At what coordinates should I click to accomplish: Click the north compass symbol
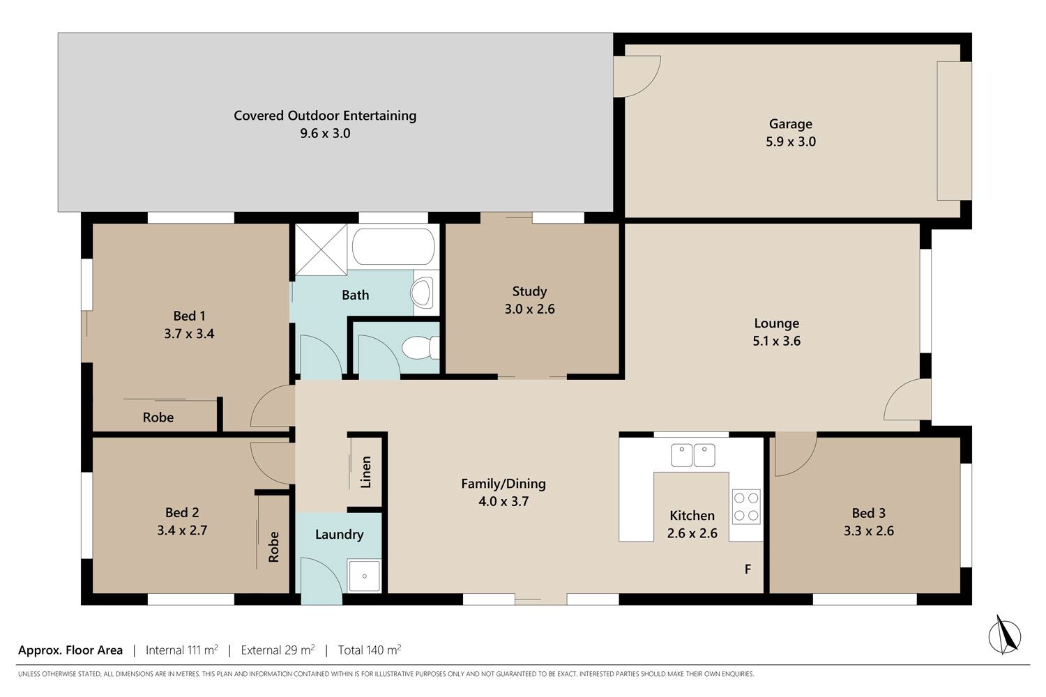pyautogui.click(x=1004, y=636)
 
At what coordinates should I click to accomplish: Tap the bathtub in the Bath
pyautogui.click(x=393, y=246)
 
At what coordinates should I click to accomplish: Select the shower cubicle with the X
pyautogui.click(x=321, y=250)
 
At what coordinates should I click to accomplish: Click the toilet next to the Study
pyautogui.click(x=420, y=348)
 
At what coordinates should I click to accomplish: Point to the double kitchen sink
pyautogui.click(x=693, y=455)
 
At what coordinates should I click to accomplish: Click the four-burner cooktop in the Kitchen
pyautogui.click(x=746, y=507)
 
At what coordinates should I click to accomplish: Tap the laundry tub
pyautogui.click(x=364, y=576)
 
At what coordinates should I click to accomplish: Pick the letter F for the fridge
pyautogui.click(x=748, y=569)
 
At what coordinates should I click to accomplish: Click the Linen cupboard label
pyautogui.click(x=366, y=472)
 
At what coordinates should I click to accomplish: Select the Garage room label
pyautogui.click(x=791, y=123)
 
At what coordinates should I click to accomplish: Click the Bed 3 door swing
pyautogui.click(x=796, y=454)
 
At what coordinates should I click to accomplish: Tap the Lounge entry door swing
pyautogui.click(x=907, y=399)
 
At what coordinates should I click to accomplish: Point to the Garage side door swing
pyautogui.click(x=637, y=77)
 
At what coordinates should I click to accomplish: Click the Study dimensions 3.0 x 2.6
pyautogui.click(x=529, y=309)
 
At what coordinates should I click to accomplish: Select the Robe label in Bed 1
pyautogui.click(x=158, y=418)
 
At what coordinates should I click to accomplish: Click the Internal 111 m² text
pyautogui.click(x=181, y=650)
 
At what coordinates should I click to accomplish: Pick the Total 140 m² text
pyautogui.click(x=370, y=650)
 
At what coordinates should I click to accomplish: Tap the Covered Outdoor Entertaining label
pyautogui.click(x=325, y=115)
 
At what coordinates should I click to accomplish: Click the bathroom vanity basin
pyautogui.click(x=422, y=292)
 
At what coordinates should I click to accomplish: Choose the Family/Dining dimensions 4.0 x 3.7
pyautogui.click(x=503, y=501)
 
